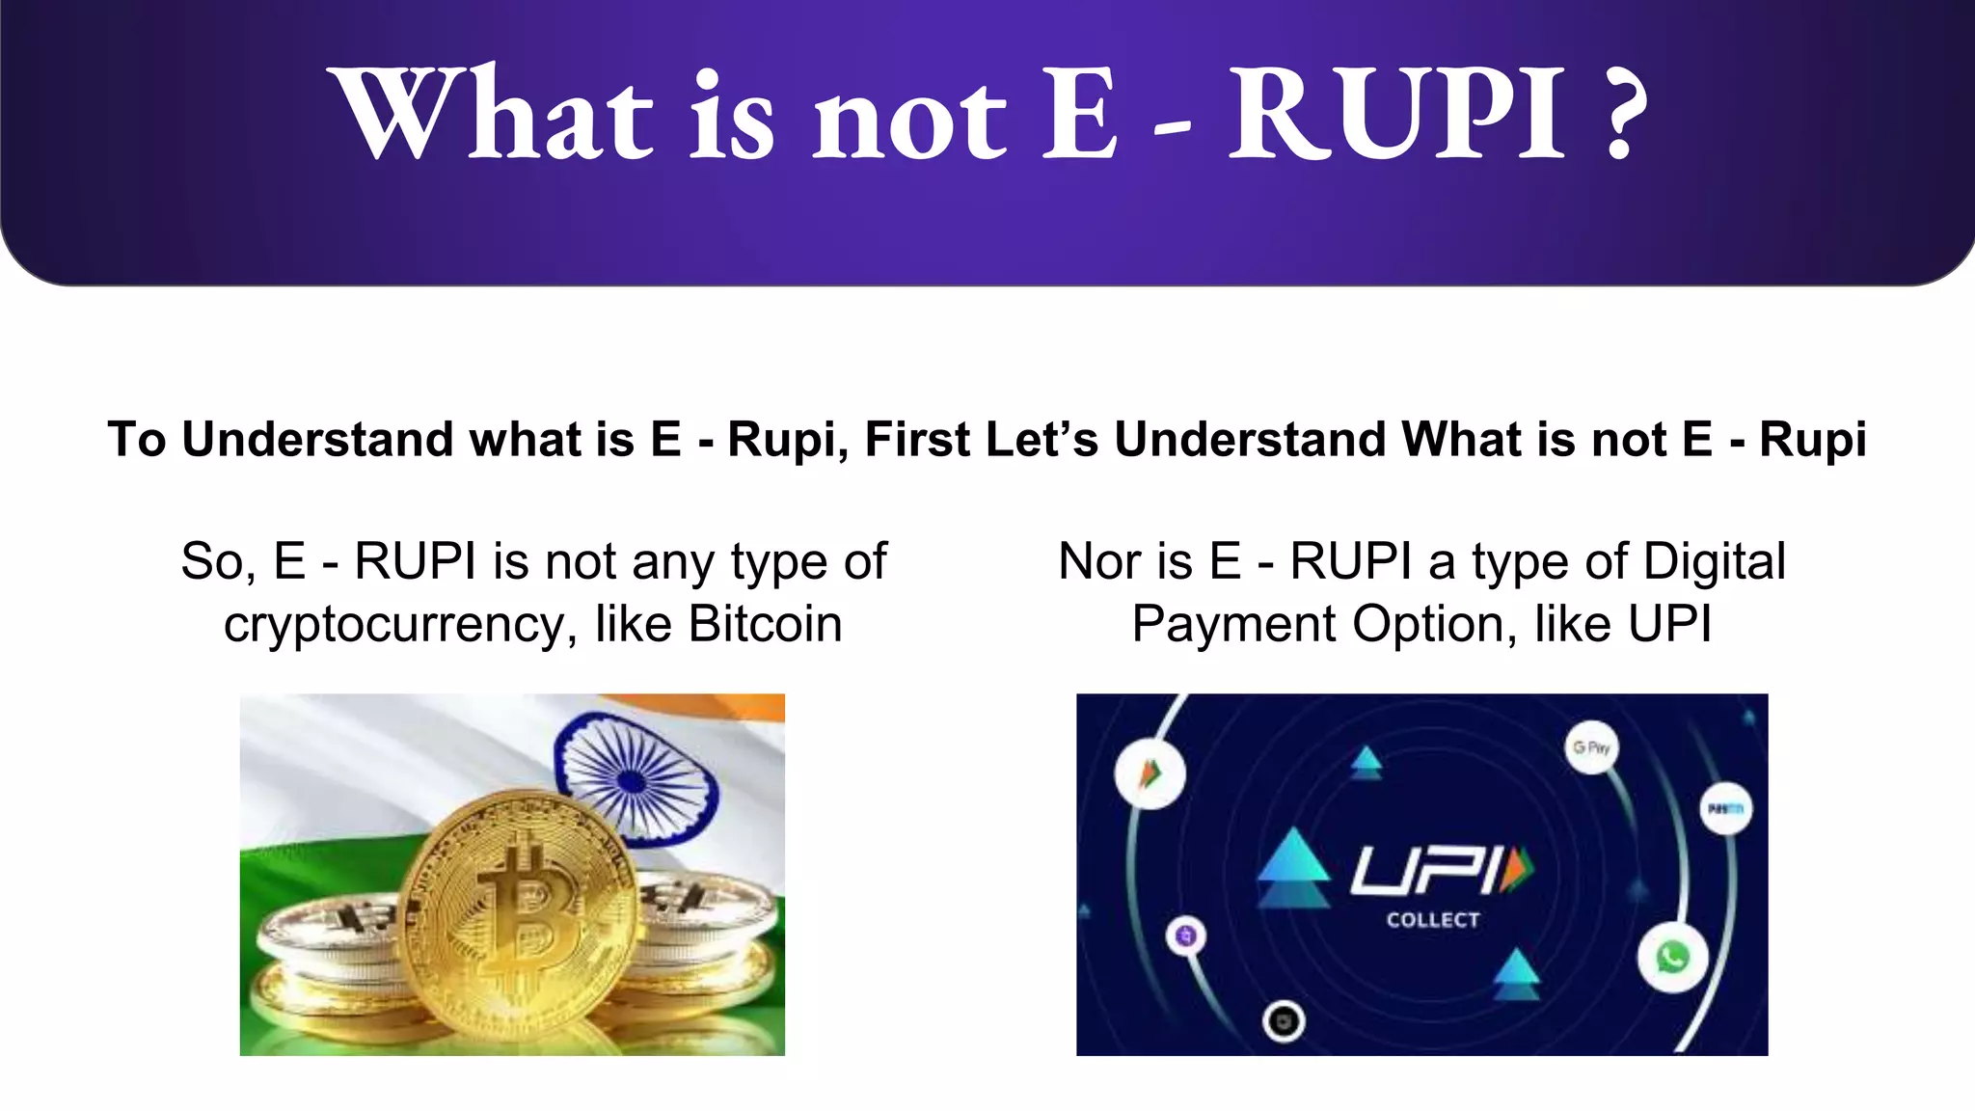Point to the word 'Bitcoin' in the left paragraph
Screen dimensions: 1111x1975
pos(765,624)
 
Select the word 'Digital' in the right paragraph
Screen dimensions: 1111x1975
pos(1714,561)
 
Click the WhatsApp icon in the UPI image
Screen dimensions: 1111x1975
pos(1672,958)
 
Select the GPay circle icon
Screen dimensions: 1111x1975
pos(1591,747)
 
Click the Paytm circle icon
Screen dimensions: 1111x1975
pos(1724,809)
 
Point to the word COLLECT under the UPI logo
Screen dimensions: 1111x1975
pos(1432,920)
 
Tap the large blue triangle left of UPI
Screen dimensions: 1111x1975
pos(1293,861)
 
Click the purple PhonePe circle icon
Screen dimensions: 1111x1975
pos(1187,935)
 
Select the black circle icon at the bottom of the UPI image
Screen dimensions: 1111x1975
pos(1284,1021)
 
